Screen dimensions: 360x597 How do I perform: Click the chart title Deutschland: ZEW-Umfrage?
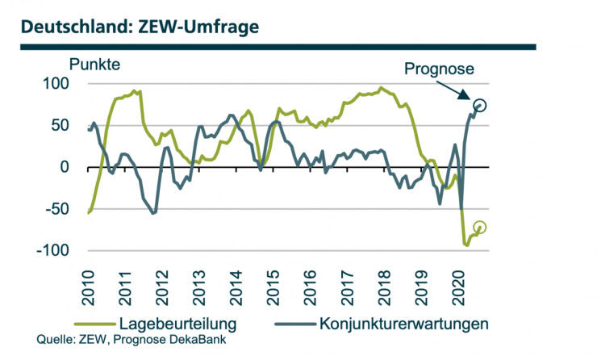point(140,26)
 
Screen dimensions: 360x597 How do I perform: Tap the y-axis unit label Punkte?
point(95,64)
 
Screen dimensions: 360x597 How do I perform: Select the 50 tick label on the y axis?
point(61,125)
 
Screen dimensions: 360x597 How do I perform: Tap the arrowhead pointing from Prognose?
point(472,101)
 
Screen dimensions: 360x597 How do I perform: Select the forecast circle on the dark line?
point(481,106)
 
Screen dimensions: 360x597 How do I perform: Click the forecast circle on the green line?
point(480,228)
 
